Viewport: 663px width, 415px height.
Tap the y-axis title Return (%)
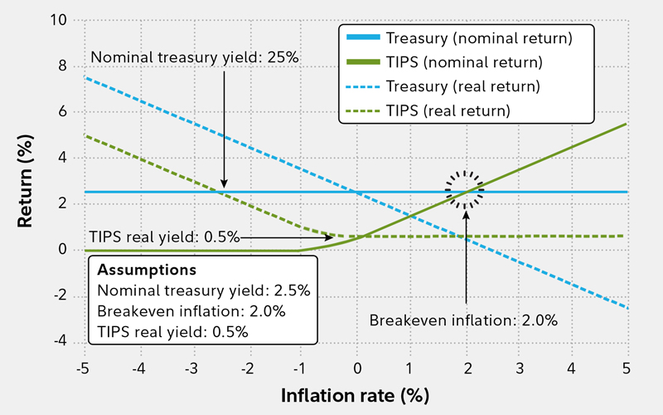click(x=27, y=181)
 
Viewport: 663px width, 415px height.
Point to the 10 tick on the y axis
click(x=58, y=19)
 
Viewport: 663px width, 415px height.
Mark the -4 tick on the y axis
click(x=60, y=340)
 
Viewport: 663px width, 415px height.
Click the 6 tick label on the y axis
click(x=63, y=111)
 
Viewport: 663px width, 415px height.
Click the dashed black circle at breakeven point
click(x=465, y=192)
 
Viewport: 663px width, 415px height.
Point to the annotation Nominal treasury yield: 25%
click(x=194, y=57)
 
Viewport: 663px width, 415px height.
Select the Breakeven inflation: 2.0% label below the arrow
click(x=463, y=320)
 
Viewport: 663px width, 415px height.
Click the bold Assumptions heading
click(x=147, y=270)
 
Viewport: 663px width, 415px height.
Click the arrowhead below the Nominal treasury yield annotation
click(x=224, y=184)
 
